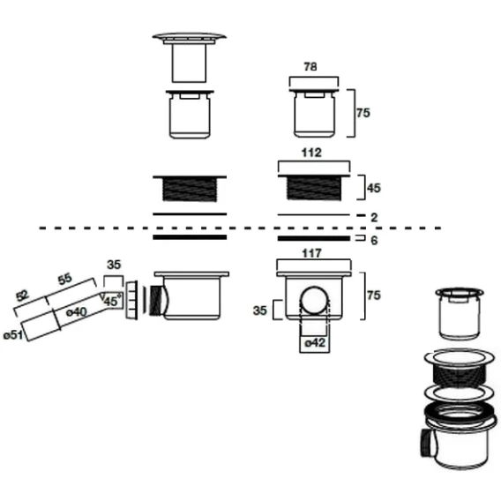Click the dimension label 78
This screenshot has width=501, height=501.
click(x=310, y=67)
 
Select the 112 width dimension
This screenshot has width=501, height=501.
click(x=311, y=153)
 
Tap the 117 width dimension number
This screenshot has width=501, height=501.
click(x=311, y=253)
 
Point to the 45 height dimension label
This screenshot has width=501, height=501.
click(x=374, y=188)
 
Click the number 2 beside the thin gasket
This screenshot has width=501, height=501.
click(x=374, y=218)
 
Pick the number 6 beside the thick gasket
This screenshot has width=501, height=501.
click(x=374, y=240)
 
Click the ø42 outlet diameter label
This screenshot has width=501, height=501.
click(x=315, y=343)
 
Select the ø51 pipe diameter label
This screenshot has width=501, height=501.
click(x=13, y=335)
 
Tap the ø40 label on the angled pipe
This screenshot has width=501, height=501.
click(x=76, y=312)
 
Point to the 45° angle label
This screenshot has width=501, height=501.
click(x=113, y=301)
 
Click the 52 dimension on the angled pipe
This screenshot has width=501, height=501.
click(x=22, y=296)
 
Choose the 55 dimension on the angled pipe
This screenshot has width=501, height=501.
click(x=65, y=280)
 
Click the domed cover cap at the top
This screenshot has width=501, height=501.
click(x=190, y=37)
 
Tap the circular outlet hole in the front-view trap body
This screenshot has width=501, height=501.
click(x=315, y=300)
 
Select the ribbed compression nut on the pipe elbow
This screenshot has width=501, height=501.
click(x=131, y=300)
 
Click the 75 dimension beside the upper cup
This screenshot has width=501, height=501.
click(x=363, y=113)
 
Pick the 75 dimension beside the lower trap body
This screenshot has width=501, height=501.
click(x=374, y=295)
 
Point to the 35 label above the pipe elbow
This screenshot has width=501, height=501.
click(x=114, y=265)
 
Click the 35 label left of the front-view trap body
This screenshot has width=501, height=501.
click(x=260, y=310)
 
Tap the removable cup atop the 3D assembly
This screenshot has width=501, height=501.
click(x=460, y=313)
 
